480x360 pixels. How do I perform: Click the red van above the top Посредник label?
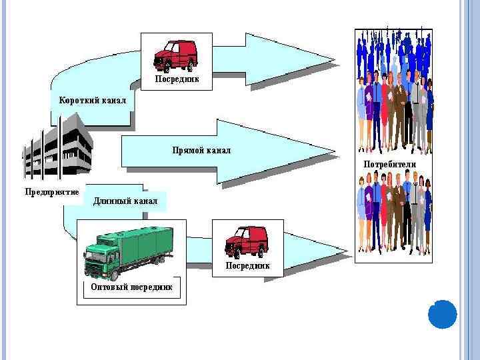tap(175, 55)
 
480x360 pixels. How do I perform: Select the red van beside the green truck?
tap(246, 241)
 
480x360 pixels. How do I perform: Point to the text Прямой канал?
tap(201, 151)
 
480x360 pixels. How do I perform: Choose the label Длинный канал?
tap(125, 201)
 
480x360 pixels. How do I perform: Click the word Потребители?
tap(389, 164)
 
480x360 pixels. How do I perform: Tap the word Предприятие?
tap(52, 192)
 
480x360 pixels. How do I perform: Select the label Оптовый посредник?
tap(131, 287)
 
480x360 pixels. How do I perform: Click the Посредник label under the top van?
tap(177, 79)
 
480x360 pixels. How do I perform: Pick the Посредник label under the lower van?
tap(247, 265)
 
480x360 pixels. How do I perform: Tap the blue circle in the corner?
tap(442, 314)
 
